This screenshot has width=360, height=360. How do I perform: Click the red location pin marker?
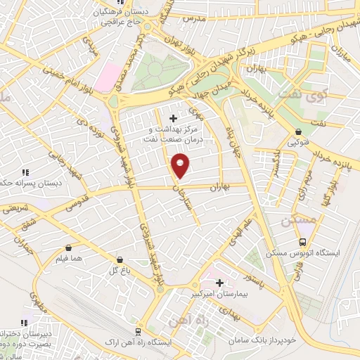(181, 165)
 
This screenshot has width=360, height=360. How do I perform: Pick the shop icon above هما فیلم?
(68, 247)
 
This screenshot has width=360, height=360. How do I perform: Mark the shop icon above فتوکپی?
(299, 131)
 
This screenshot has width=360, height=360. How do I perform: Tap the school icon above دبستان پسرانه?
(25, 172)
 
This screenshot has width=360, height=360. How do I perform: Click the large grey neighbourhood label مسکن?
(295, 221)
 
